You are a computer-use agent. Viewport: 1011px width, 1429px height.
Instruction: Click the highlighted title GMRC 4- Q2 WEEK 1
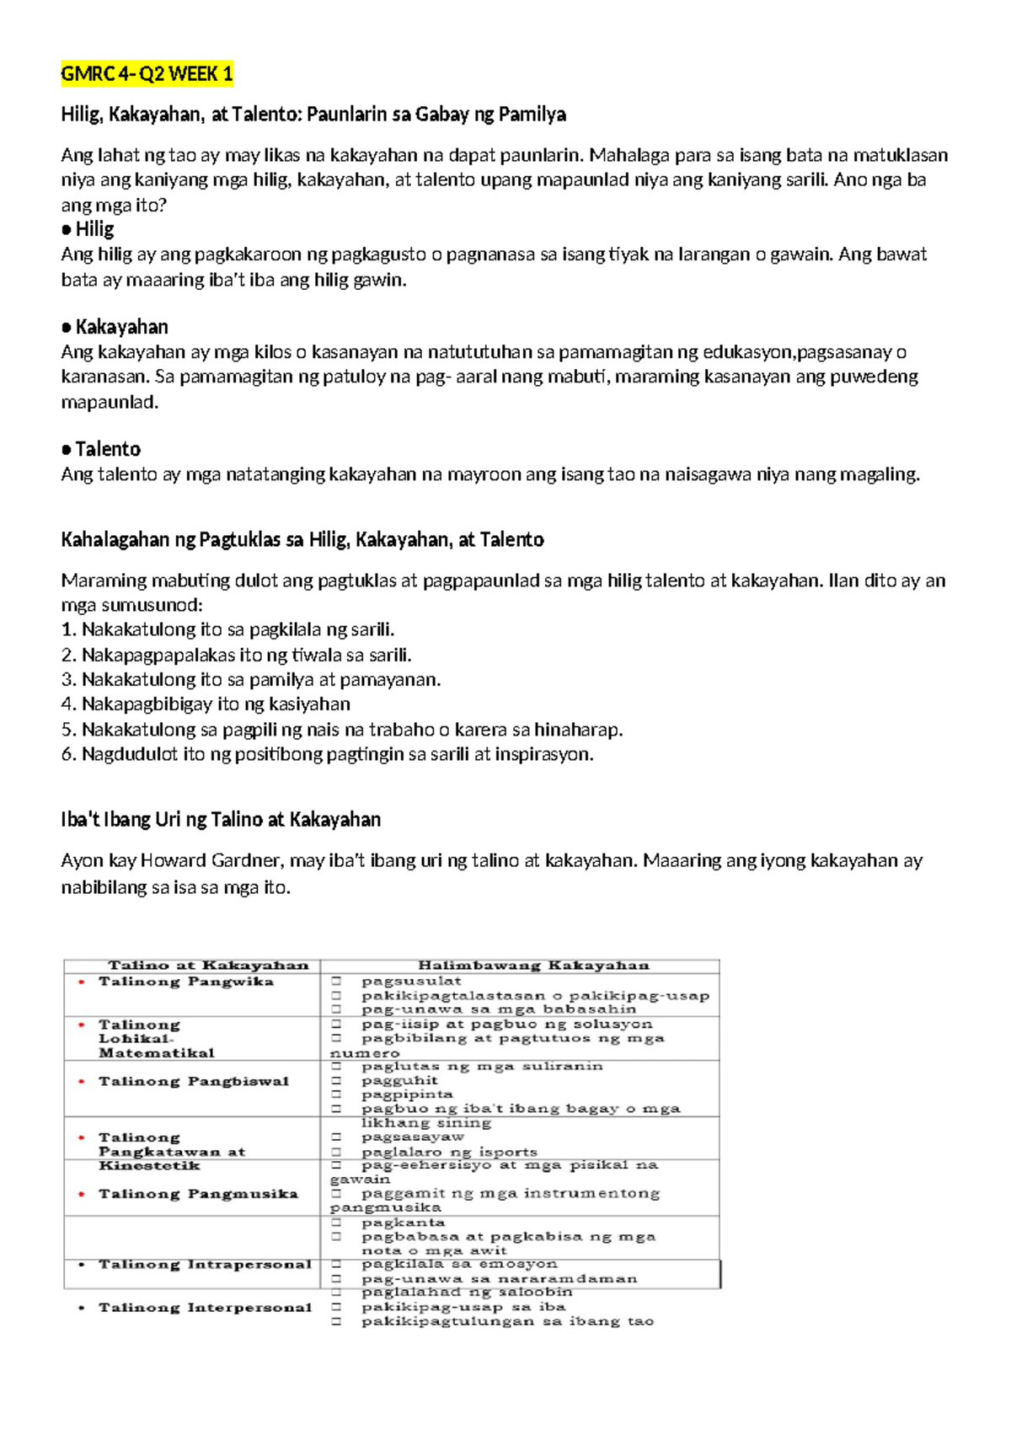147,74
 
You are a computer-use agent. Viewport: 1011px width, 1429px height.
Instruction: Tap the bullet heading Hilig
94,229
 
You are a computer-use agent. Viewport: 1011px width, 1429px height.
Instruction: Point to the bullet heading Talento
107,449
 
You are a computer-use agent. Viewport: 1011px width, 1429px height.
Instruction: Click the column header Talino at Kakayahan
208,966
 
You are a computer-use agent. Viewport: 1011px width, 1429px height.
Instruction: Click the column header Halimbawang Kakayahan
533,966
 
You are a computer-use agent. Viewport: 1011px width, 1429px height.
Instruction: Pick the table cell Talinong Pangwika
185,982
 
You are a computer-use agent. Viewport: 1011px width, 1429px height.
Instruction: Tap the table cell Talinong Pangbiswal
193,1081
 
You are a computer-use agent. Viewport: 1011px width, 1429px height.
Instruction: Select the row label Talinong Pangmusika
198,1194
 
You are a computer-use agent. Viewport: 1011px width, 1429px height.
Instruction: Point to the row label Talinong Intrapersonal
205,1265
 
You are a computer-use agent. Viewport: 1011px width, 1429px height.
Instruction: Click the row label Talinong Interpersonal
205,1308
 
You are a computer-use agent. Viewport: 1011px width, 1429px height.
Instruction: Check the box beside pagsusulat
336,982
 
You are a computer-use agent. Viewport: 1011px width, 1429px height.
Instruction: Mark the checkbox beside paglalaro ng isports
336,1152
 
